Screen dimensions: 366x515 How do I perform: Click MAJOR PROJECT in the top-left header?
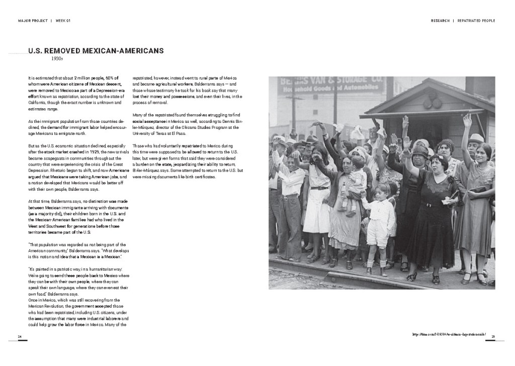32,21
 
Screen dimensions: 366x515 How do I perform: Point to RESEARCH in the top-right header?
440,21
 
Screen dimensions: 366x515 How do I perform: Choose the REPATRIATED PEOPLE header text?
476,21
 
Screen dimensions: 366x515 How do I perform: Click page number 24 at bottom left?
19,336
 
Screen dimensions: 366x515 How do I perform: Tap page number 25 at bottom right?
493,336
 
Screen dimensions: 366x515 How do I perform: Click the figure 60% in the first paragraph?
112,78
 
